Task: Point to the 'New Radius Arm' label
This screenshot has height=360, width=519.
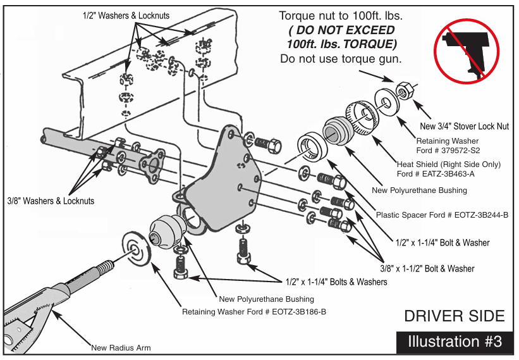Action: point(121,347)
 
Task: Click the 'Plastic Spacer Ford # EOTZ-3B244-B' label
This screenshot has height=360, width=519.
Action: point(442,215)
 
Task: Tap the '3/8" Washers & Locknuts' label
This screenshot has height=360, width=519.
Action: point(51,201)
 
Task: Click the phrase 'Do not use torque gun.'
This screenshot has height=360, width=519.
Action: point(341,59)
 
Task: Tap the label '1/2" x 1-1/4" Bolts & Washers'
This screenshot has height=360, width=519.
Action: point(336,282)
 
